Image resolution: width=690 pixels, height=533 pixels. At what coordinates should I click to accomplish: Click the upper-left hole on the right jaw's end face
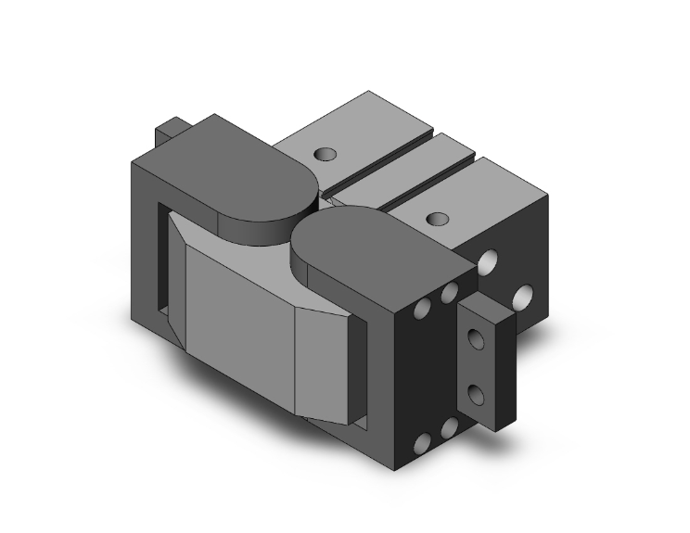click(x=425, y=309)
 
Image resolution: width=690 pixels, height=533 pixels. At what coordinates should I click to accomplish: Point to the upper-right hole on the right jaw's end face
click(x=450, y=294)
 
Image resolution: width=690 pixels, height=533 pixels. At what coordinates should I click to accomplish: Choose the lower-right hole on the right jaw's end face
click(x=450, y=427)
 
